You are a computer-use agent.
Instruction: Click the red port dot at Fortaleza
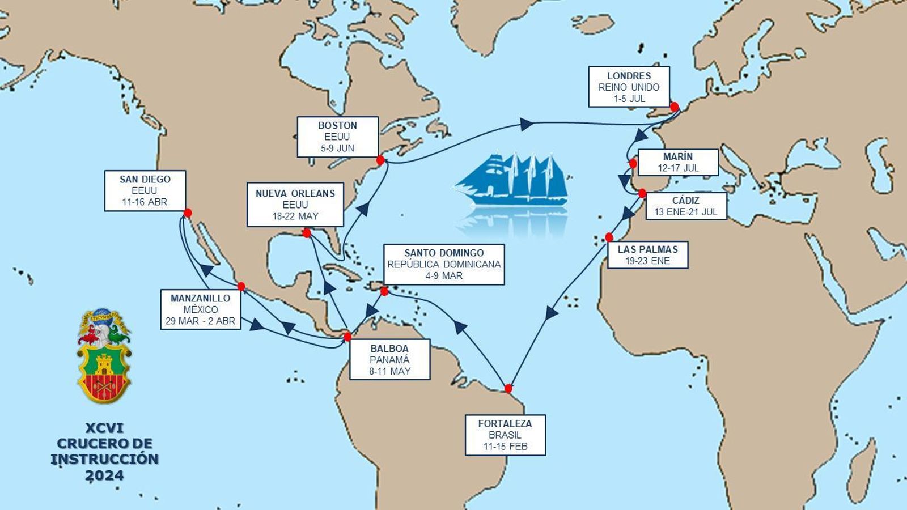pos(508,388)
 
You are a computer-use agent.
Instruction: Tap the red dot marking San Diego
pos(188,213)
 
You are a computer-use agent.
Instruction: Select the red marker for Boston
pos(380,160)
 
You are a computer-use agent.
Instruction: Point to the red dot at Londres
pos(674,107)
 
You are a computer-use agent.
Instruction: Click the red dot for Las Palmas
pos(609,237)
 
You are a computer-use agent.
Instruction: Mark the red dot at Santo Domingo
pos(384,291)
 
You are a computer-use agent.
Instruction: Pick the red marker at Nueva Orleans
pos(307,233)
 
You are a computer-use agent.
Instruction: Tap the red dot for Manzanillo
pos(241,286)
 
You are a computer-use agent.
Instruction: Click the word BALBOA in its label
pos(389,348)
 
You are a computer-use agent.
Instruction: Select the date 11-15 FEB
pos(505,447)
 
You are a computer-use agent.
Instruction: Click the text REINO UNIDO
pos(629,87)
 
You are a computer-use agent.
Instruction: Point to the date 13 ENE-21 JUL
pos(685,212)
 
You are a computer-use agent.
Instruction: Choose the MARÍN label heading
pos(678,156)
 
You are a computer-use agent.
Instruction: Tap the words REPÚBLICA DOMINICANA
pos(444,264)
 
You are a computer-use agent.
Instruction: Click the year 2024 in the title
pos(104,475)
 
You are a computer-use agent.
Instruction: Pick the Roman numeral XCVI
pos(104,428)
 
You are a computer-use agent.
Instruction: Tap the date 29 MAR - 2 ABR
pos(200,321)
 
